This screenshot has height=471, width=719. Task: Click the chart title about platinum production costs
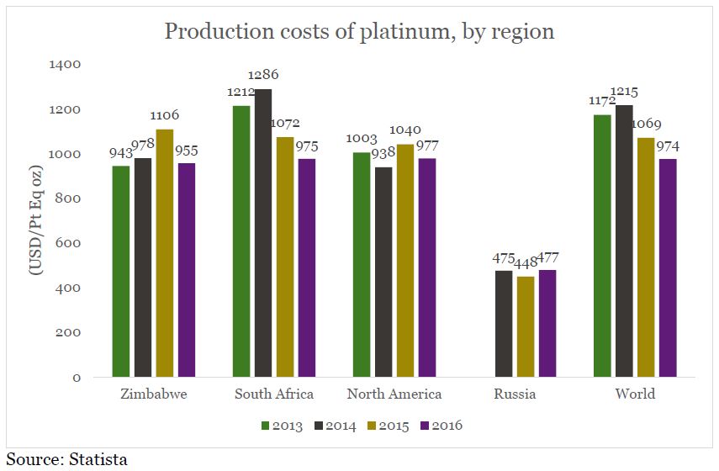[x=359, y=32]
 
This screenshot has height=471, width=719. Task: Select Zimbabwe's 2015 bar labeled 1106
[x=165, y=253]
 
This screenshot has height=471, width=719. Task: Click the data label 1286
[x=264, y=75]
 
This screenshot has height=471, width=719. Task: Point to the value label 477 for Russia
[x=547, y=257]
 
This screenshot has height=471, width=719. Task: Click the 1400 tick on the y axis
[x=65, y=65]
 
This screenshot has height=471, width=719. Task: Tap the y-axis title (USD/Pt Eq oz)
[x=38, y=220]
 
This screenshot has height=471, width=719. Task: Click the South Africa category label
[x=274, y=394]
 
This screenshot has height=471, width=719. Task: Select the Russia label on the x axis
[x=515, y=394]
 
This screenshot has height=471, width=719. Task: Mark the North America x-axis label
[x=394, y=394]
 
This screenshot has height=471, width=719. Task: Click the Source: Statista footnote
[x=67, y=459]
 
